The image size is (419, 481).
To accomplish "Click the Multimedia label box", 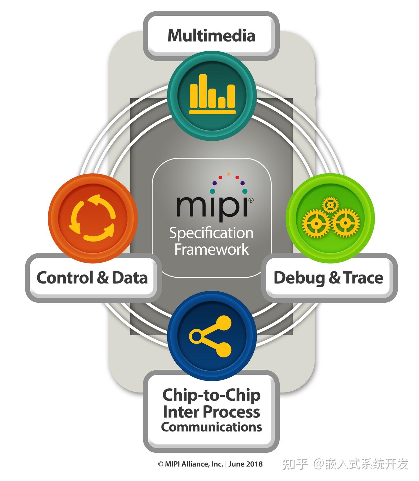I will point(211,36).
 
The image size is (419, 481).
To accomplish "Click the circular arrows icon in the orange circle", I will point(93,218).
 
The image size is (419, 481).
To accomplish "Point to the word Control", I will point(65,278).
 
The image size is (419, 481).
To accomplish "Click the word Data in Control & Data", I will point(130,278).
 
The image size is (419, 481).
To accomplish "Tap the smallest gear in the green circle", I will point(330,205).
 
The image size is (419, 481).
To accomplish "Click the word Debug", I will point(299,278).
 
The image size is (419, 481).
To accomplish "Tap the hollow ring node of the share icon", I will point(196,336).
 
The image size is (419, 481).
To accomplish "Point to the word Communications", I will point(211,427).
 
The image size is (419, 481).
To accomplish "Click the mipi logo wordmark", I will point(212,206).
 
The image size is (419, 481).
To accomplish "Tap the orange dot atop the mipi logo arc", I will point(228,174).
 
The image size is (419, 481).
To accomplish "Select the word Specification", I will point(211,233).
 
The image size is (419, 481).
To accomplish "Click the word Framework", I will point(211,249).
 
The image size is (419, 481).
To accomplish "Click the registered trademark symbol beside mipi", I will point(251,200).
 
